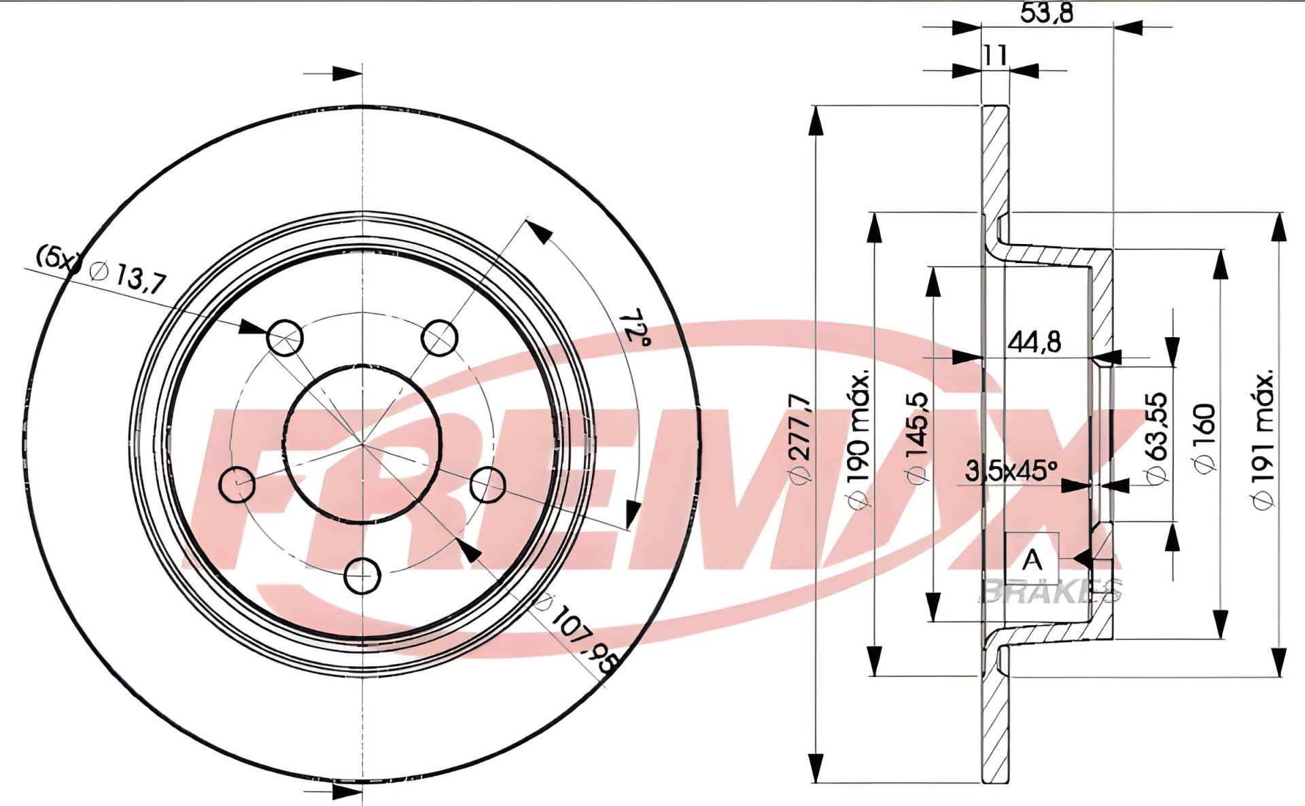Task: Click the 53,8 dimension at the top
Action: click(1047, 13)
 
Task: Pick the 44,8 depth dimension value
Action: click(1034, 342)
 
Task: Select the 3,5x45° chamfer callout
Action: click(1011, 470)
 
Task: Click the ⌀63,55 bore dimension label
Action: click(1157, 438)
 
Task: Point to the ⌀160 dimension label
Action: click(1204, 439)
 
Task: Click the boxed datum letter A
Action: click(1032, 560)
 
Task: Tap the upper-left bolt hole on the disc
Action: click(284, 338)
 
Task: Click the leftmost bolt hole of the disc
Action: click(237, 484)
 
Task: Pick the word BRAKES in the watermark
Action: click(1050, 591)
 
